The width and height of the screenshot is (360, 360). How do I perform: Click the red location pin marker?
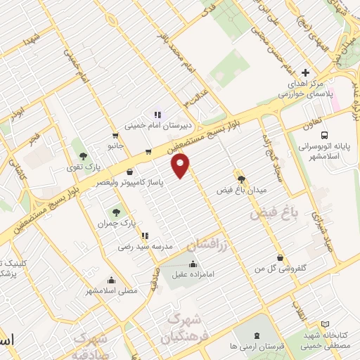(181, 165)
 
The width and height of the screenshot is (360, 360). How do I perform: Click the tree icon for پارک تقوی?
(84, 155)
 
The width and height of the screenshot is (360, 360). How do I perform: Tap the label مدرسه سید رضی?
(144, 247)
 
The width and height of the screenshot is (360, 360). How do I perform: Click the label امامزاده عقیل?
(193, 276)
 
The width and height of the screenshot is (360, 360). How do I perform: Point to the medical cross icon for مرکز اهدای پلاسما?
(304, 73)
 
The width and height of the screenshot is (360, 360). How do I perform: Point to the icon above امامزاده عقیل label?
(193, 264)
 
